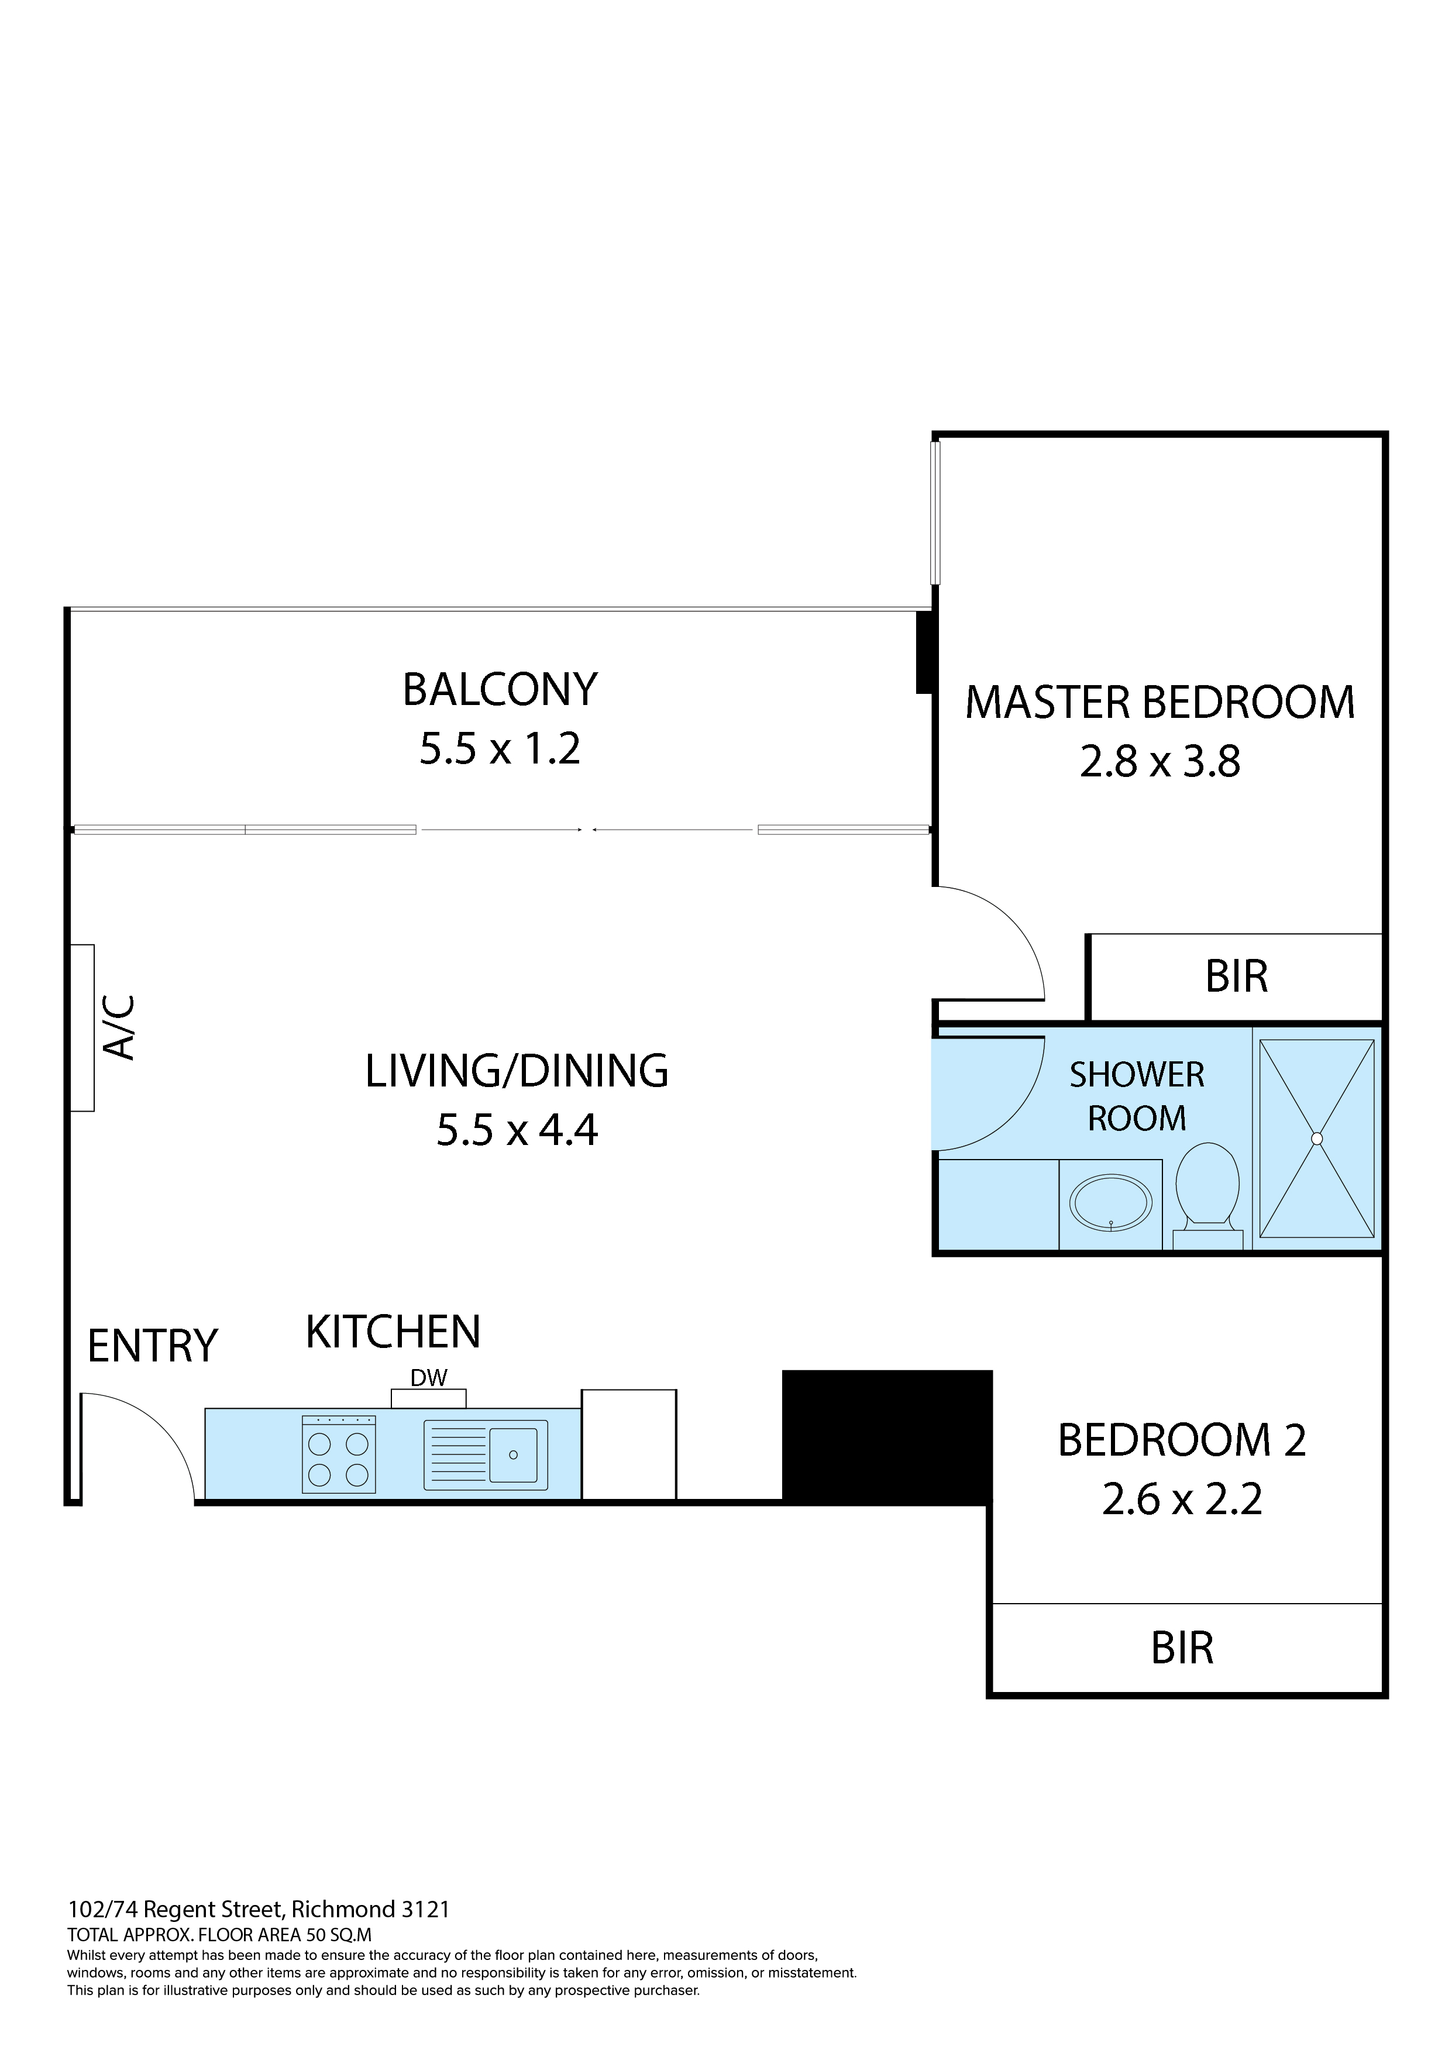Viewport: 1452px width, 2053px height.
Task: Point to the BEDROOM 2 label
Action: coord(1182,1440)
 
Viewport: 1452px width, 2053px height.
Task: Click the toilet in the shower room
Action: coord(1207,1195)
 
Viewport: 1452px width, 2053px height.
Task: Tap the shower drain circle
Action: coord(1316,1139)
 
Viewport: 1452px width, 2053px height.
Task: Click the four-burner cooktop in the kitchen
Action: coord(339,1454)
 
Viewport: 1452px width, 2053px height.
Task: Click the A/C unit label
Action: coord(120,1027)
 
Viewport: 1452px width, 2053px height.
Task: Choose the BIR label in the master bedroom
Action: coord(1237,976)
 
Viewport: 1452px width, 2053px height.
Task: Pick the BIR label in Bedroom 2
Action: coord(1182,1648)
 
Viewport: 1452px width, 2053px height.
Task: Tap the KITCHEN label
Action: coord(393,1332)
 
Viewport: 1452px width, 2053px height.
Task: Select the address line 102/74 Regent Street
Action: coord(259,1909)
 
